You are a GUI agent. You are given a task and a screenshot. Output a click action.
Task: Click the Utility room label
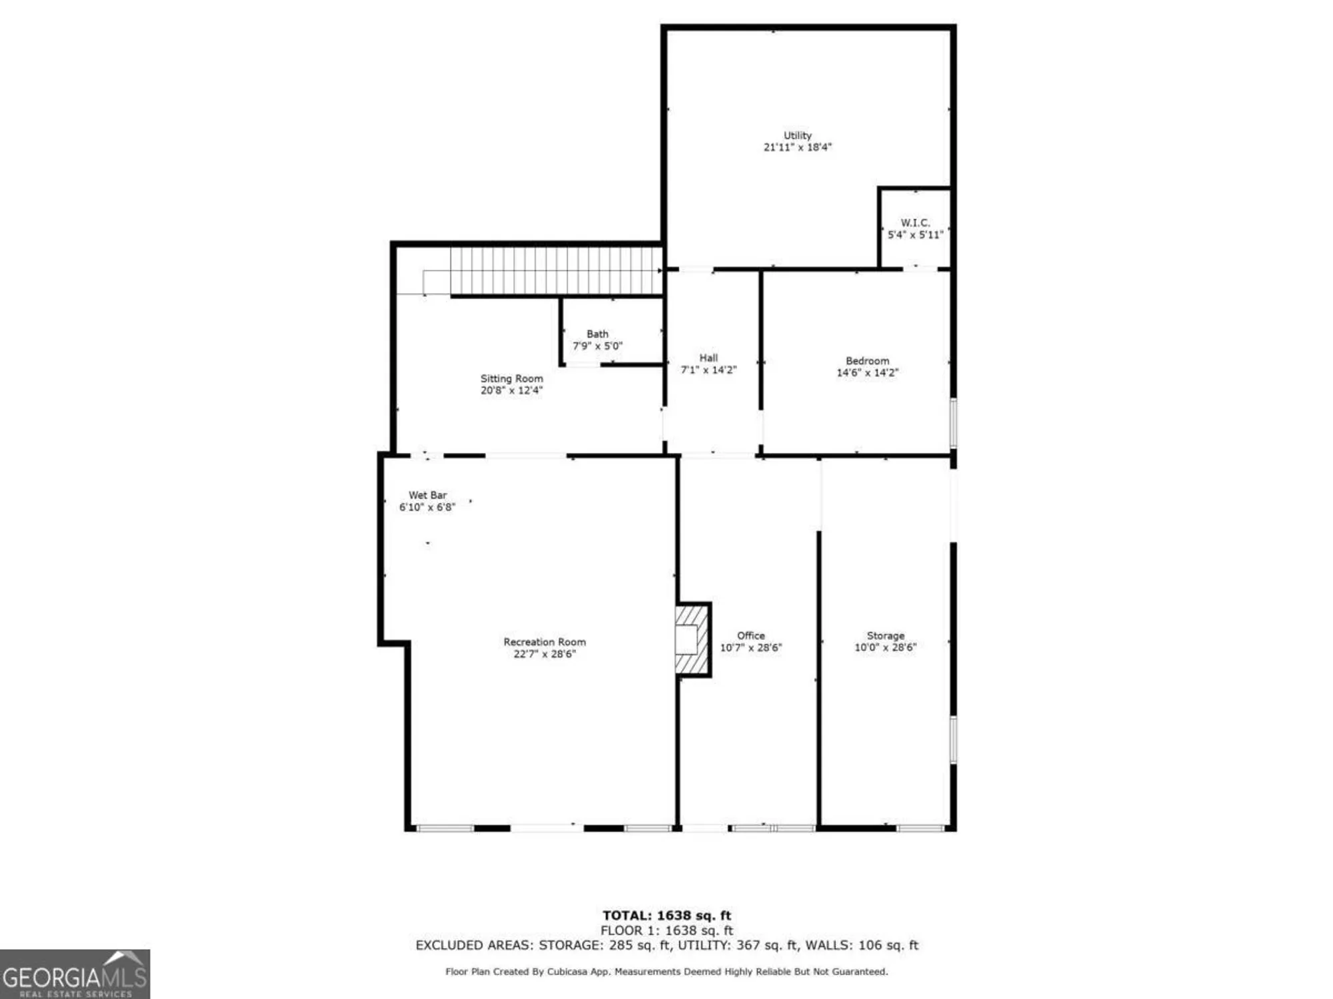pyautogui.click(x=797, y=135)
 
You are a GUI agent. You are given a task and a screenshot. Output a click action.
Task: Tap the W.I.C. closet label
pyautogui.click(x=915, y=222)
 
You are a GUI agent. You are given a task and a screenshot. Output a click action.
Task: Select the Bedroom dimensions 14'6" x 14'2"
pyautogui.click(x=867, y=373)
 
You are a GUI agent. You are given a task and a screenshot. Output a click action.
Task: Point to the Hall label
pyautogui.click(x=708, y=358)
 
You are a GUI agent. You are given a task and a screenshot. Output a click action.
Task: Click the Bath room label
pyautogui.click(x=597, y=334)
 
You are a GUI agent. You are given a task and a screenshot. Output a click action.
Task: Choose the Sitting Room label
pyautogui.click(x=512, y=378)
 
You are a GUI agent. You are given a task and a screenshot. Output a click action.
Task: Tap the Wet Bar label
pyautogui.click(x=427, y=495)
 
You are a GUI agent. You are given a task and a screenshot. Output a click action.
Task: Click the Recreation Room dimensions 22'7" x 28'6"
pyautogui.click(x=545, y=654)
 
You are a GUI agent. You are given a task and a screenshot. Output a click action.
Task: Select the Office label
pyautogui.click(x=750, y=635)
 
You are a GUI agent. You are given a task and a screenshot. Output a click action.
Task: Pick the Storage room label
pyautogui.click(x=885, y=635)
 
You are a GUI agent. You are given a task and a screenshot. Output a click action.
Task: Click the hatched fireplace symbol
pyautogui.click(x=692, y=639)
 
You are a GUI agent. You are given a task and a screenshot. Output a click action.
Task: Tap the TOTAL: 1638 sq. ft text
pyautogui.click(x=666, y=916)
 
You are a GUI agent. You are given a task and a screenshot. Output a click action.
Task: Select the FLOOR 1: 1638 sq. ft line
pyautogui.click(x=666, y=930)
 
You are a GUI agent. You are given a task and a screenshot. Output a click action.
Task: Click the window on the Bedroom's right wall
pyautogui.click(x=953, y=422)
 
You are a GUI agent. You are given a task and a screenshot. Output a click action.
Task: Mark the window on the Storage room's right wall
pyautogui.click(x=953, y=739)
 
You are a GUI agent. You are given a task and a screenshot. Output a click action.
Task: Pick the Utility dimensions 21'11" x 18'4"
pyautogui.click(x=797, y=147)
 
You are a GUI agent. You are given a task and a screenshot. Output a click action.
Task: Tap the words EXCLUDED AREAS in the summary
pyautogui.click(x=473, y=945)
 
